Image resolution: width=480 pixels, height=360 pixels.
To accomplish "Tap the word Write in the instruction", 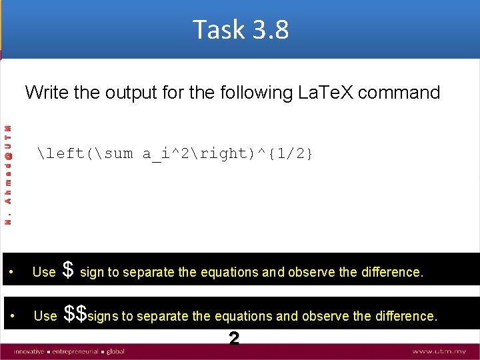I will [47, 92].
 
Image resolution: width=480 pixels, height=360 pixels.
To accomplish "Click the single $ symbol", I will [67, 270].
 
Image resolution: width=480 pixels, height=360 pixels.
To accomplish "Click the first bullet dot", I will [12, 273].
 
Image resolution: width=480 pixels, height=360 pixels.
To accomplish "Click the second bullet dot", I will [12, 316].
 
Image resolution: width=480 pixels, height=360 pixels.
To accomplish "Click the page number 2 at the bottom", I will [233, 339].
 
